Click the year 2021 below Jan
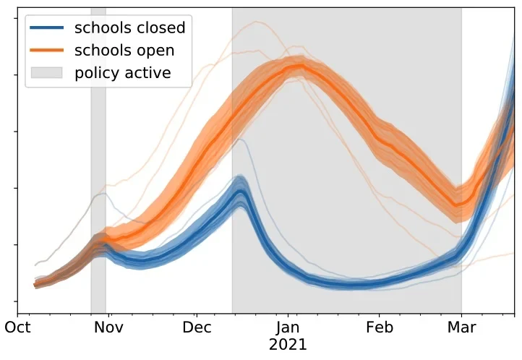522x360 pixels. [x=288, y=345]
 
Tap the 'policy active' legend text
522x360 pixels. [x=123, y=73]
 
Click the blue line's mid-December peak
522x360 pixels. [x=241, y=189]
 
